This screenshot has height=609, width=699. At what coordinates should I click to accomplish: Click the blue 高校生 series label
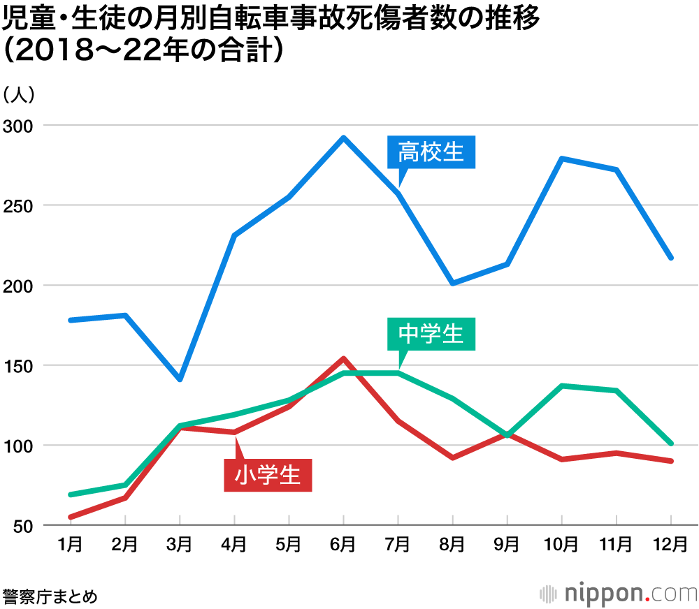[431, 152]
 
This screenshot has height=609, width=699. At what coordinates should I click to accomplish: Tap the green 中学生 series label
[431, 334]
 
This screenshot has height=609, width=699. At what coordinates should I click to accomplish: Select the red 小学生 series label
[268, 475]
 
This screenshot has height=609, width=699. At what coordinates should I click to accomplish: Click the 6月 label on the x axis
[343, 543]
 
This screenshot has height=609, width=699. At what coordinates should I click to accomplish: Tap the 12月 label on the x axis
[671, 543]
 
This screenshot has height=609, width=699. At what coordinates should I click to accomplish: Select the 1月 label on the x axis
[71, 543]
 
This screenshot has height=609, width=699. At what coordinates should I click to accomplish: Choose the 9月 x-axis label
[507, 543]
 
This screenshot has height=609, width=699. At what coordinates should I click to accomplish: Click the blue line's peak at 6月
[343, 138]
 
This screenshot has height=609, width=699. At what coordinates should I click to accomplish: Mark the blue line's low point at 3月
[180, 379]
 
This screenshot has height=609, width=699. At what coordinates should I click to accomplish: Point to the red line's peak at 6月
[343, 359]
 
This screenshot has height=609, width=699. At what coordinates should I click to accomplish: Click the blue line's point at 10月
[562, 159]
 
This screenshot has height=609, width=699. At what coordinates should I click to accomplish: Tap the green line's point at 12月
[671, 443]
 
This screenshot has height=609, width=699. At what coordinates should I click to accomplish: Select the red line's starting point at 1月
[71, 517]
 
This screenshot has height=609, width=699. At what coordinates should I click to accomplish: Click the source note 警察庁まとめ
[50, 596]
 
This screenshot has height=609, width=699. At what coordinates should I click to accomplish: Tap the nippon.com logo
[619, 594]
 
